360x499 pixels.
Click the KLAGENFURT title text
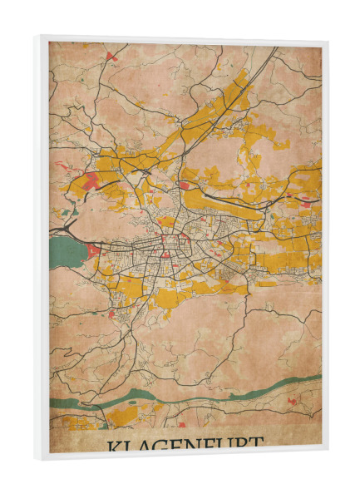[185, 444]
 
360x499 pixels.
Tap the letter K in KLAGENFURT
[113, 445]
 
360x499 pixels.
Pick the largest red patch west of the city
[89, 180]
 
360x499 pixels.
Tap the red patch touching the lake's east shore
[93, 249]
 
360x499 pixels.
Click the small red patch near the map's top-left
[110, 57]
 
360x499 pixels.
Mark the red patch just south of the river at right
[293, 402]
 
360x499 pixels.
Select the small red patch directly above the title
[181, 425]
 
